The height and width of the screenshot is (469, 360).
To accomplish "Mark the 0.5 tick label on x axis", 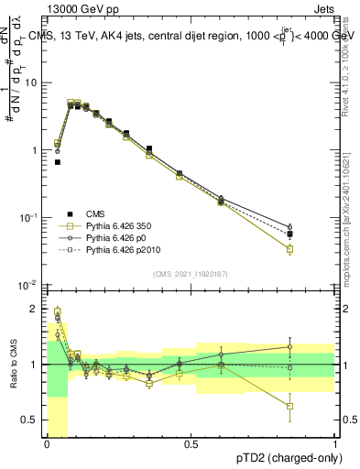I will pyautogui.click(x=191, y=443).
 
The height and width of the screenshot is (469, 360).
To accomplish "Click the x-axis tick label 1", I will pyautogui.click(x=335, y=443).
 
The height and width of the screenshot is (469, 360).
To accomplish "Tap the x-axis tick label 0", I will pyautogui.click(x=47, y=443).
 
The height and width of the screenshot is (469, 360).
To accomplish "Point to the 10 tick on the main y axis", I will pyautogui.click(x=31, y=83).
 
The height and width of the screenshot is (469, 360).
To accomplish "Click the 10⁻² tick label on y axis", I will pyautogui.click(x=31, y=285).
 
